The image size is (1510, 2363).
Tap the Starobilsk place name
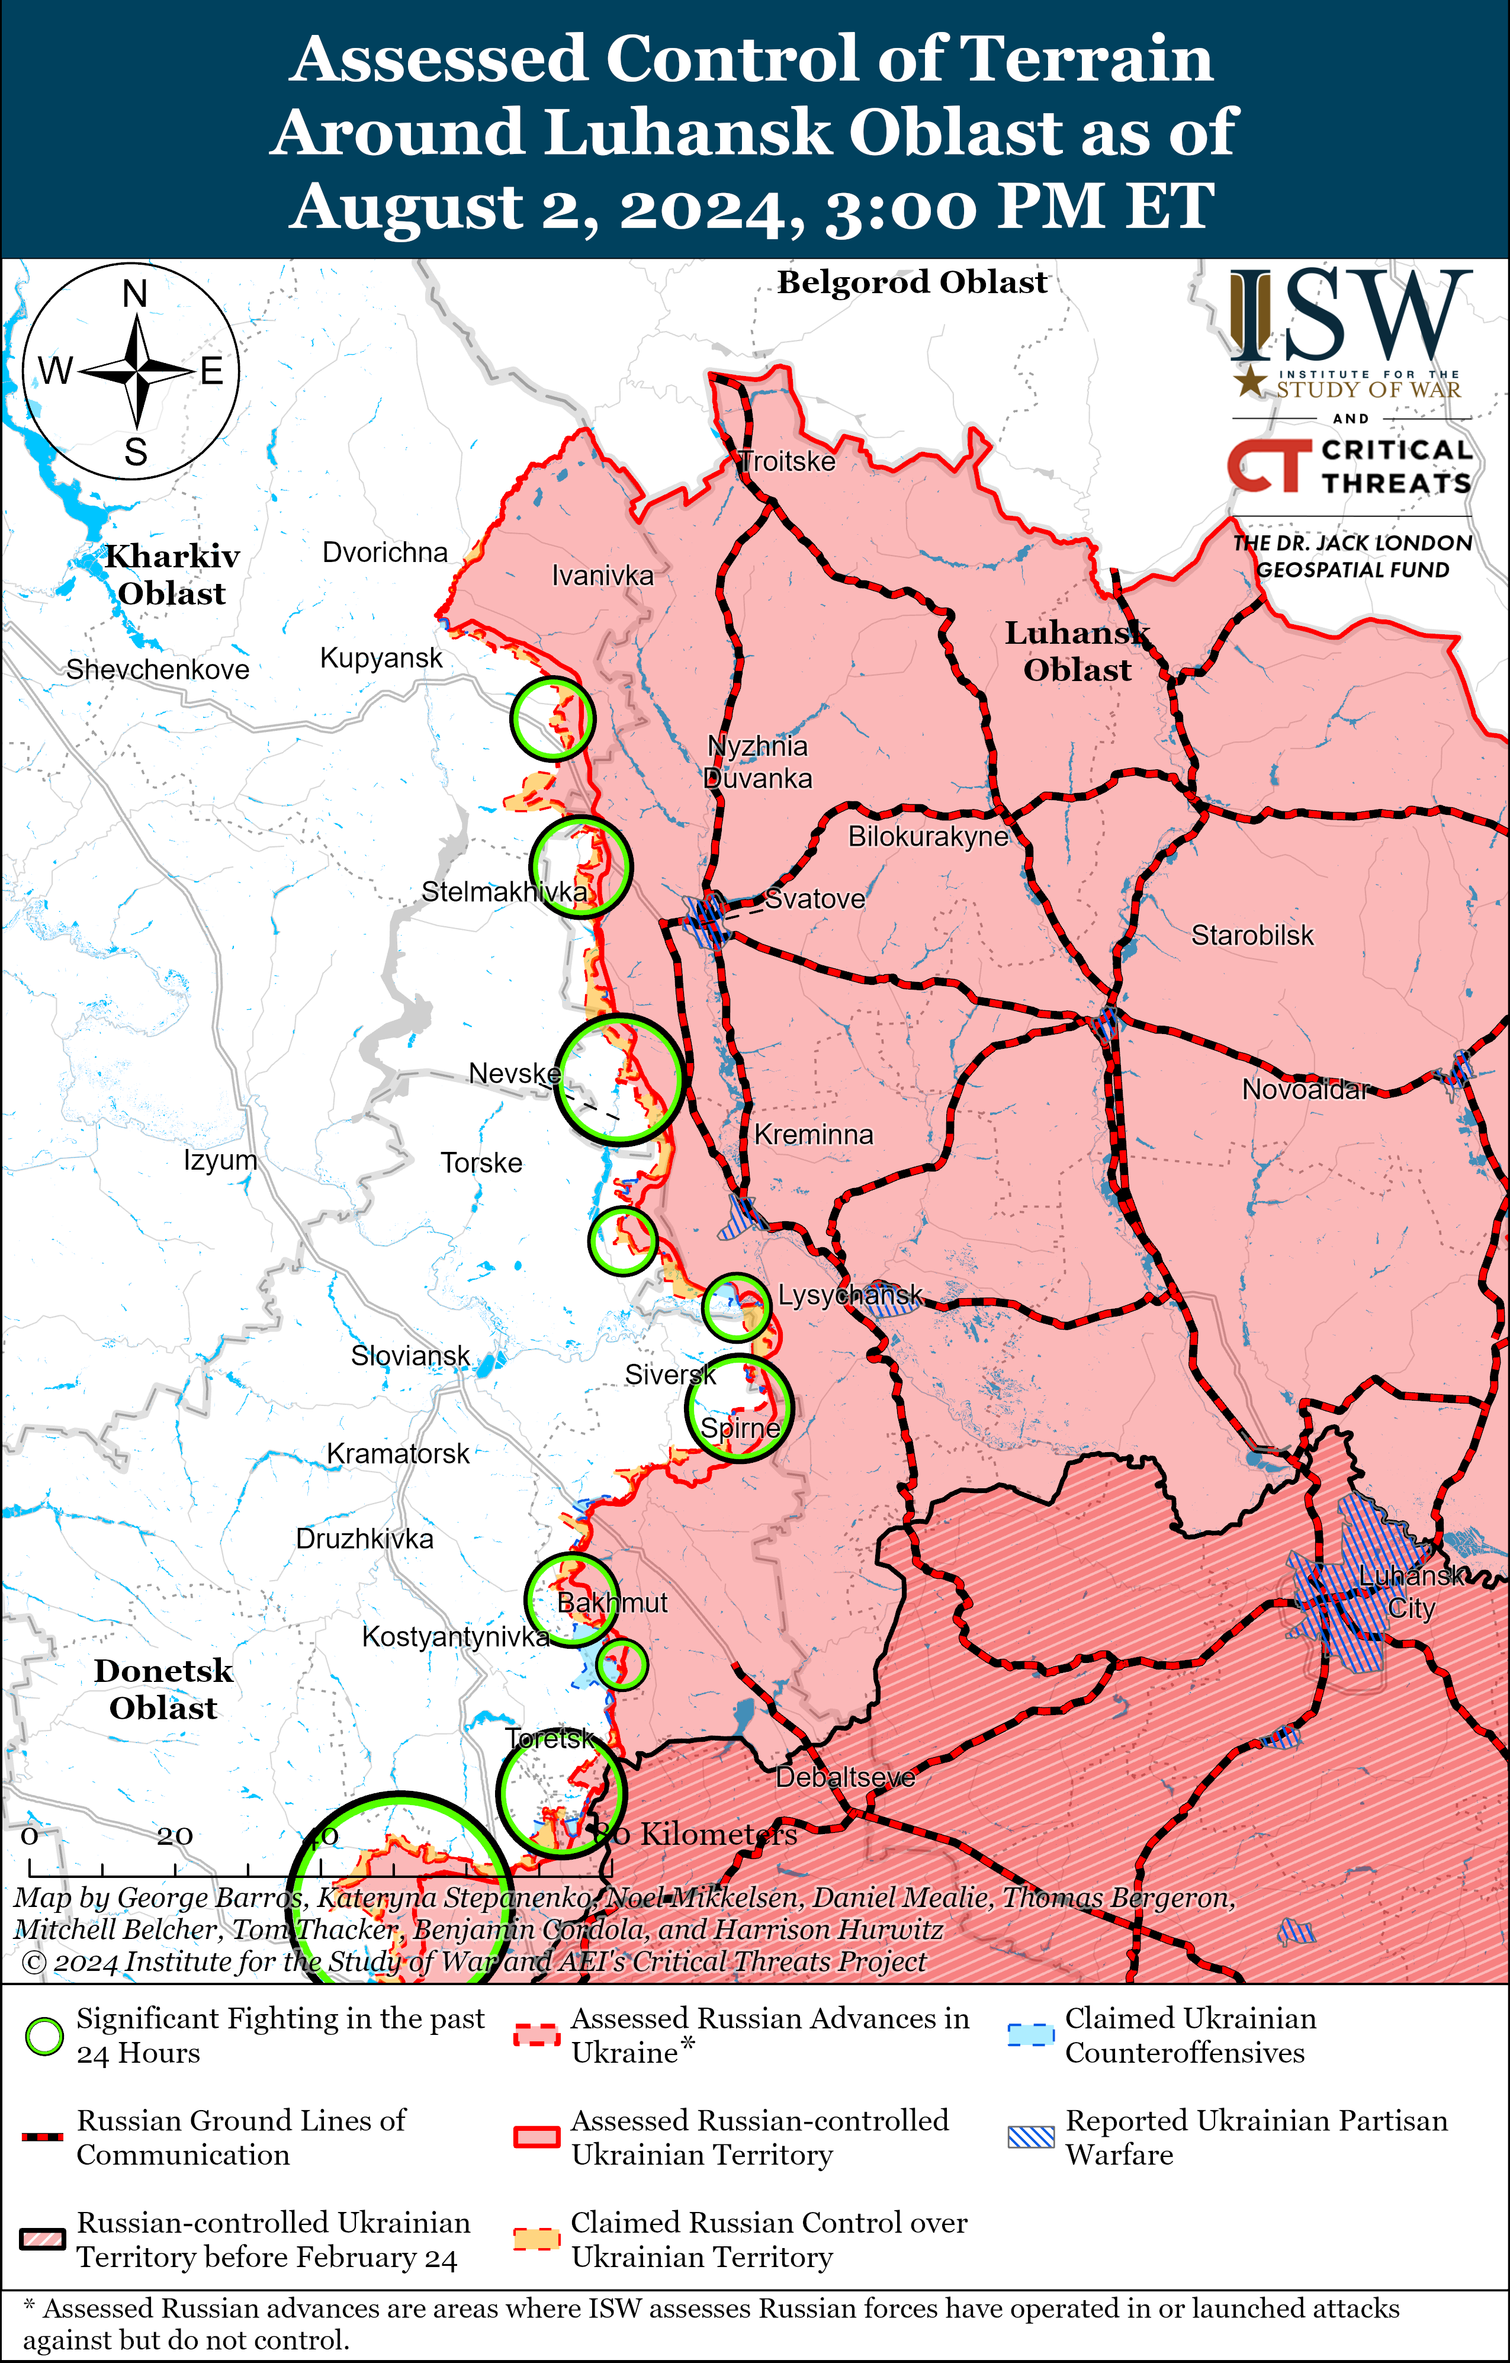1252,935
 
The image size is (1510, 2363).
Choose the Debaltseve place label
845,1777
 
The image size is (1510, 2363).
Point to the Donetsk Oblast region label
164,1689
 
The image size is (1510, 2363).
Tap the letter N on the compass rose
136,293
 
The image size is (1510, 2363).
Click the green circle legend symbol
44,2036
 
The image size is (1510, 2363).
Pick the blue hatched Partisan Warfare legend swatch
1030,2137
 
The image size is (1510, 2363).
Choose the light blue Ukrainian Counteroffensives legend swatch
1030,2035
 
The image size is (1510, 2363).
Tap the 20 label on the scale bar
175,1835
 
